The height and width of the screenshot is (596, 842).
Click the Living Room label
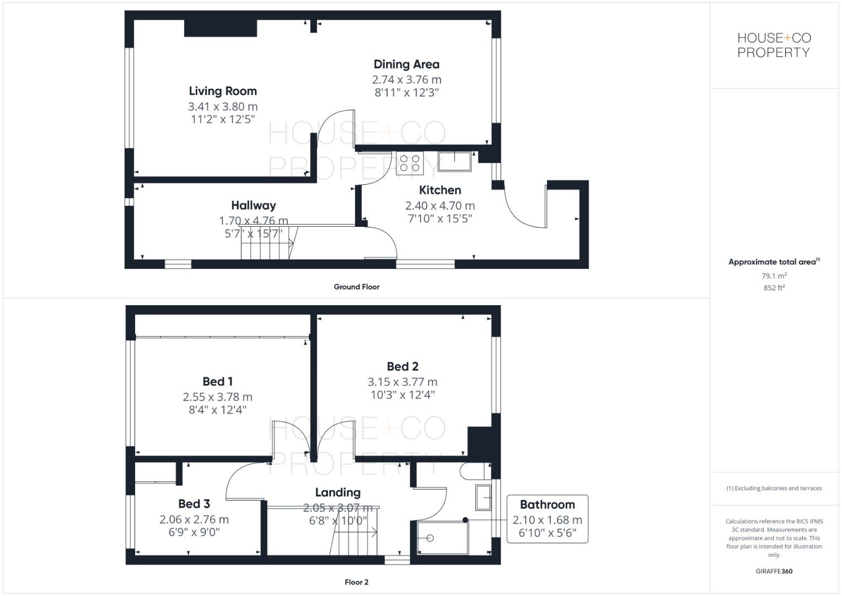tap(223, 91)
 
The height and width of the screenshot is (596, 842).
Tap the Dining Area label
tap(406, 65)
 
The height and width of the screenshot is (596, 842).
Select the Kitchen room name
tap(440, 190)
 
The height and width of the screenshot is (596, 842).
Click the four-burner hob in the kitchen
tap(409, 163)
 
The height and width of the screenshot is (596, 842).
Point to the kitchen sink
tap(455, 161)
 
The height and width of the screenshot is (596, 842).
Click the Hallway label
tap(253, 205)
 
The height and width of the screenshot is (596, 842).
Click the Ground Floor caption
tap(356, 287)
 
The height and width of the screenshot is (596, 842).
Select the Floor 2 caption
tap(356, 582)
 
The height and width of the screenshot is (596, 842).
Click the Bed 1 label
tap(217, 381)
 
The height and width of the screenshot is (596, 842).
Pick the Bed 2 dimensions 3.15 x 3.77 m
tap(403, 382)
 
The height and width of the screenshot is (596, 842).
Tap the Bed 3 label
tap(194, 504)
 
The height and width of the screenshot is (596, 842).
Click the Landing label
tap(337, 492)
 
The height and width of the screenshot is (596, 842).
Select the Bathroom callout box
tap(547, 519)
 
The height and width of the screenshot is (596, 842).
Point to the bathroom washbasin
tap(483, 498)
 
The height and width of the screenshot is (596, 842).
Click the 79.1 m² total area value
tap(774, 276)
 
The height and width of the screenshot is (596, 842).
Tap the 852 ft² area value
tap(774, 288)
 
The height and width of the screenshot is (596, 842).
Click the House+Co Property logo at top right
tap(774, 45)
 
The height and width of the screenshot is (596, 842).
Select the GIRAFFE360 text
tap(774, 571)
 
